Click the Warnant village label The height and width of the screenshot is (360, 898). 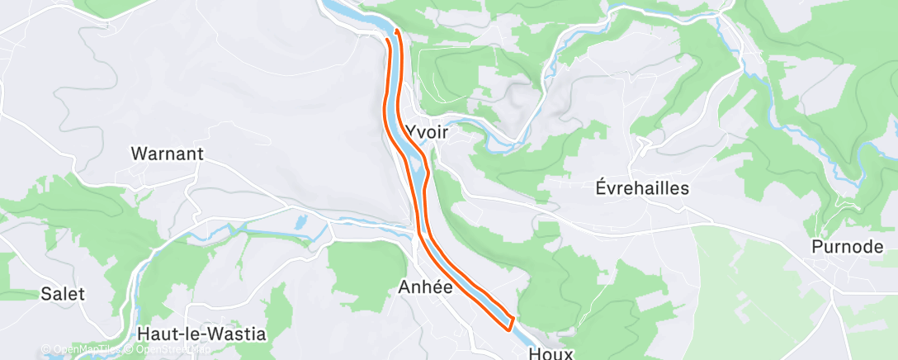(167, 154)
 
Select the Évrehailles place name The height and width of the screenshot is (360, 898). (641, 188)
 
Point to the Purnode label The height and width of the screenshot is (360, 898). (848, 247)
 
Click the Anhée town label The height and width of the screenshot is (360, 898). (425, 287)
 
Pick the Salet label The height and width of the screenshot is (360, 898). (64, 294)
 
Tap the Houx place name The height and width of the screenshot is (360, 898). (551, 353)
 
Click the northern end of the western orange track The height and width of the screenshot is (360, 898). (387, 39)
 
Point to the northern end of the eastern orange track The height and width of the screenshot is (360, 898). (397, 31)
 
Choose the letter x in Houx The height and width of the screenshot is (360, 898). (567, 353)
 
